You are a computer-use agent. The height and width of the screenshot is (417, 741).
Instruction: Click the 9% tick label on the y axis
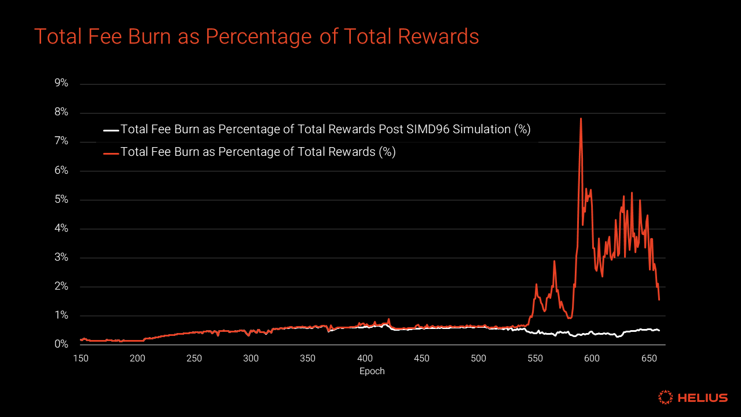pyautogui.click(x=61, y=83)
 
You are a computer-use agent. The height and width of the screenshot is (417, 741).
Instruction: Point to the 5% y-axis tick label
pyautogui.click(x=61, y=200)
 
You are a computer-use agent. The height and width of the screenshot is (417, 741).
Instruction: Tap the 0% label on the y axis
pyautogui.click(x=61, y=345)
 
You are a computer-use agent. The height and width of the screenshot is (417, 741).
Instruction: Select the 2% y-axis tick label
pyautogui.click(x=61, y=287)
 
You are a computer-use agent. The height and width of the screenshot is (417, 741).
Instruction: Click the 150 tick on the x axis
pyautogui.click(x=80, y=359)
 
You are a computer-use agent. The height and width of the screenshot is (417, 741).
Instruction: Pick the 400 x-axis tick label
pyautogui.click(x=365, y=359)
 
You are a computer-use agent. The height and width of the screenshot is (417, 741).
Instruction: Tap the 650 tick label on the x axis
pyautogui.click(x=648, y=359)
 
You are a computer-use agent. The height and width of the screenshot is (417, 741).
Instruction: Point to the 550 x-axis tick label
pyautogui.click(x=535, y=359)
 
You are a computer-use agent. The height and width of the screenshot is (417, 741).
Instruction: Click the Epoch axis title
pyautogui.click(x=372, y=371)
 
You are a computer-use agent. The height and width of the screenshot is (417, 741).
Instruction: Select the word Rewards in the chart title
pyautogui.click(x=440, y=36)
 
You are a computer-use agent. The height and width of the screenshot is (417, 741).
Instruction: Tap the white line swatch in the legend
pyautogui.click(x=111, y=130)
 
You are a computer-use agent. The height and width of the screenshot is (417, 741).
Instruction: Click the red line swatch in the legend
pyautogui.click(x=111, y=153)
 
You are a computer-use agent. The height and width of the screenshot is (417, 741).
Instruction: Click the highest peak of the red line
pyautogui.click(x=581, y=119)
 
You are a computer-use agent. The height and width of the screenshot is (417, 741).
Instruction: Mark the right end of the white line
pyautogui.click(x=659, y=331)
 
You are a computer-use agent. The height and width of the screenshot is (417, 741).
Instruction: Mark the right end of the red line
pyautogui.click(x=659, y=299)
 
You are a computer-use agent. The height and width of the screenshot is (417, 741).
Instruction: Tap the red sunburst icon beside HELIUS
pyautogui.click(x=666, y=397)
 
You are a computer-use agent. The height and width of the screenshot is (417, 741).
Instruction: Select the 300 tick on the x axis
pyautogui.click(x=251, y=359)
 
